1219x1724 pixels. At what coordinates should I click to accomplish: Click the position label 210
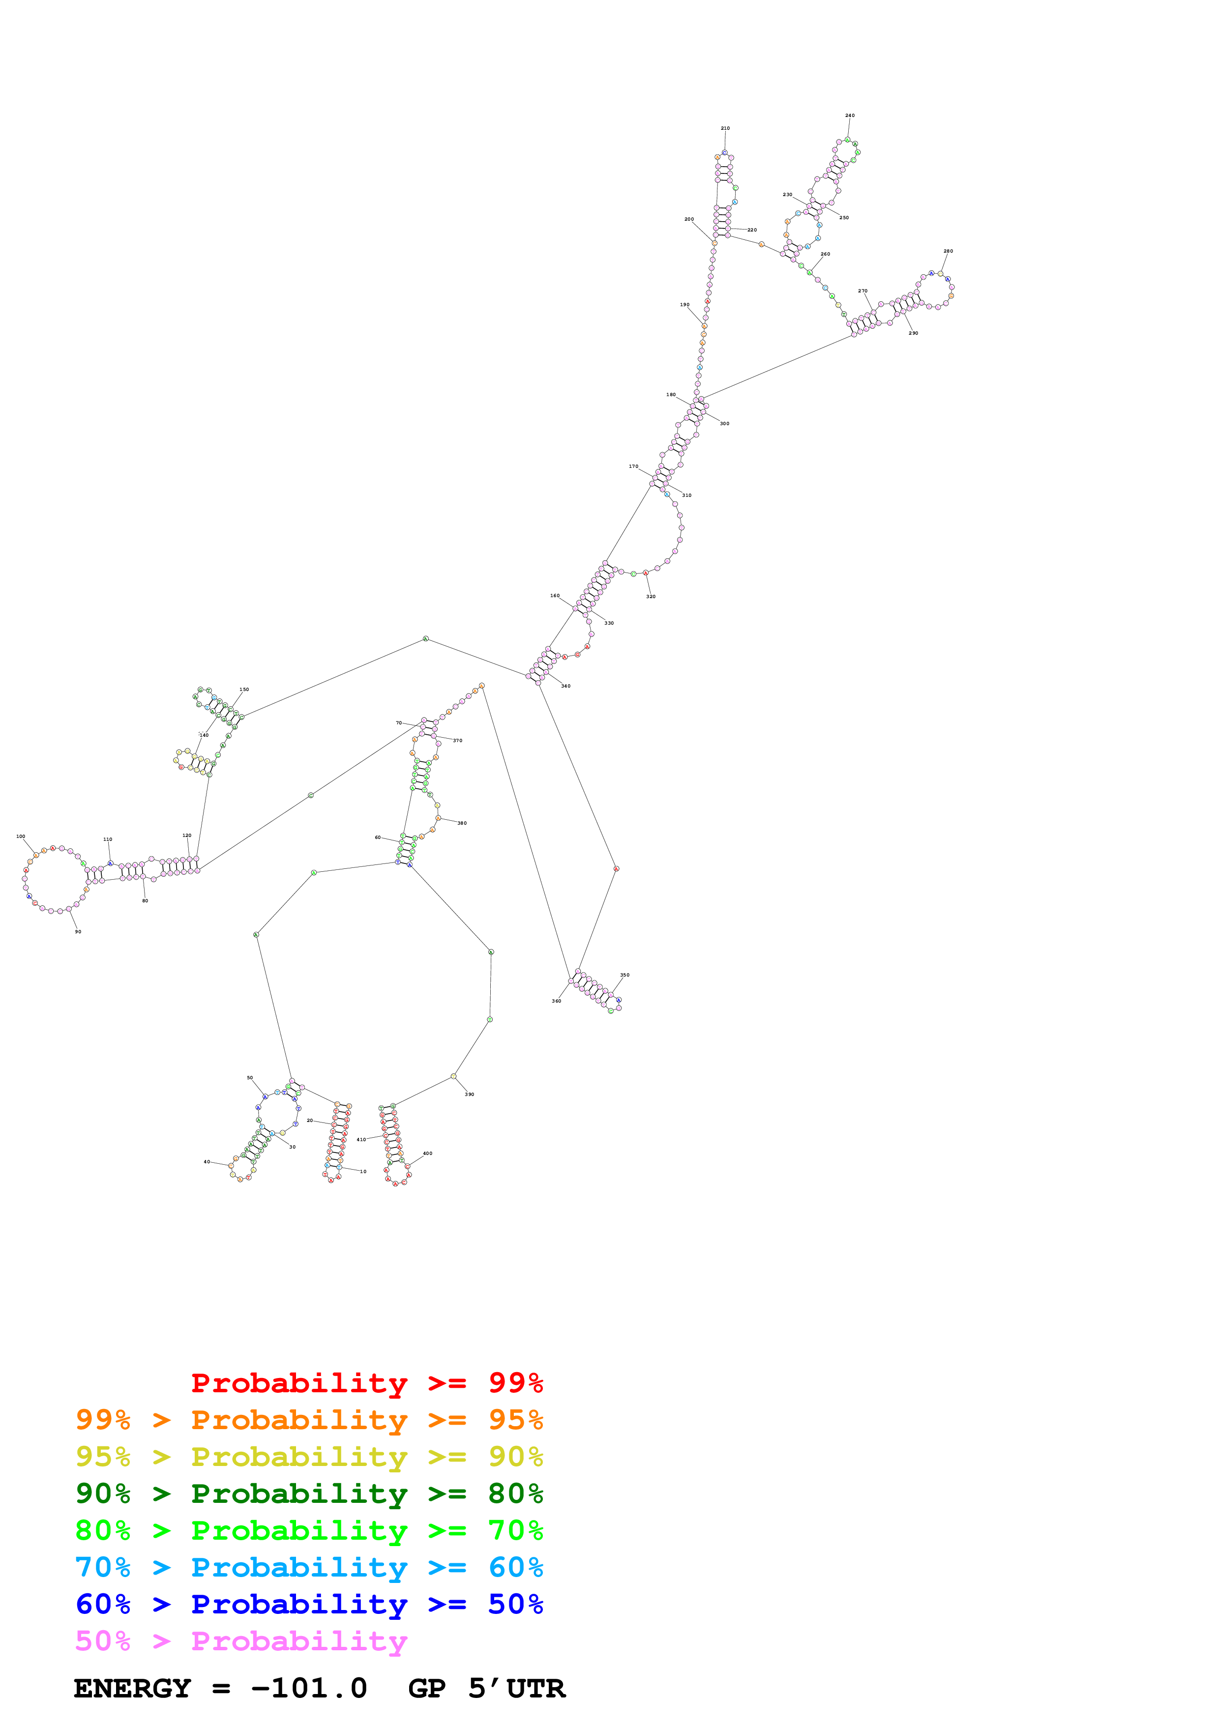pos(725,128)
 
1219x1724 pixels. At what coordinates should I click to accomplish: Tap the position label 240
pos(850,115)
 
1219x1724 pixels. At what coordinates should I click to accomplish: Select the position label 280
pos(948,252)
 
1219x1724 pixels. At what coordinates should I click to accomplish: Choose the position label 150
pos(244,690)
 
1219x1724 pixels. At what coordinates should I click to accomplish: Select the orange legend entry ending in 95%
pos(309,1420)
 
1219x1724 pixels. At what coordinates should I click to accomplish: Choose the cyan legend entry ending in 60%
pos(309,1567)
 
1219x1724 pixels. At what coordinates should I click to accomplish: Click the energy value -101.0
pos(309,1688)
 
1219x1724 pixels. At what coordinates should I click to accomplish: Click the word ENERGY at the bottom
pos(132,1688)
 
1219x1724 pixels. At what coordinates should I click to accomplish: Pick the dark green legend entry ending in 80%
pos(309,1494)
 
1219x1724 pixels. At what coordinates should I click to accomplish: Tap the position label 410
pos(361,1139)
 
